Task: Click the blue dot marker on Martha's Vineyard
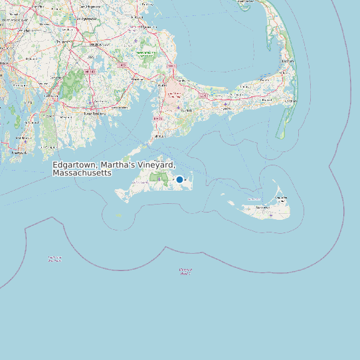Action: pyautogui.click(x=179, y=179)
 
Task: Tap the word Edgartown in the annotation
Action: pyautogui.click(x=74, y=165)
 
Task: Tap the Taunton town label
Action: pyautogui.click(x=62, y=41)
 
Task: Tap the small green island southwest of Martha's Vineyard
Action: pyautogui.click(x=120, y=215)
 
